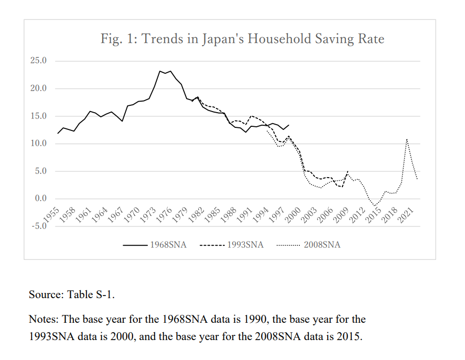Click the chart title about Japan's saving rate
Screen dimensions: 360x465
[242, 39]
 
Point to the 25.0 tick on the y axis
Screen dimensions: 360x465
[39, 61]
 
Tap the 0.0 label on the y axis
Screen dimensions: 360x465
[40, 199]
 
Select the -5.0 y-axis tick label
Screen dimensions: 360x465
[39, 226]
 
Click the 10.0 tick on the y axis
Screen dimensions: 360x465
[39, 144]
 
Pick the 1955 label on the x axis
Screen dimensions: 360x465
[51, 216]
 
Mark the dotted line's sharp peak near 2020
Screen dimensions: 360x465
[406, 139]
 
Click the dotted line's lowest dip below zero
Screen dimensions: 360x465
[375, 205]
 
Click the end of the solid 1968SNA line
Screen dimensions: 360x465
[289, 125]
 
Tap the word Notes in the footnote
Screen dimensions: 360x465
[42, 319]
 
